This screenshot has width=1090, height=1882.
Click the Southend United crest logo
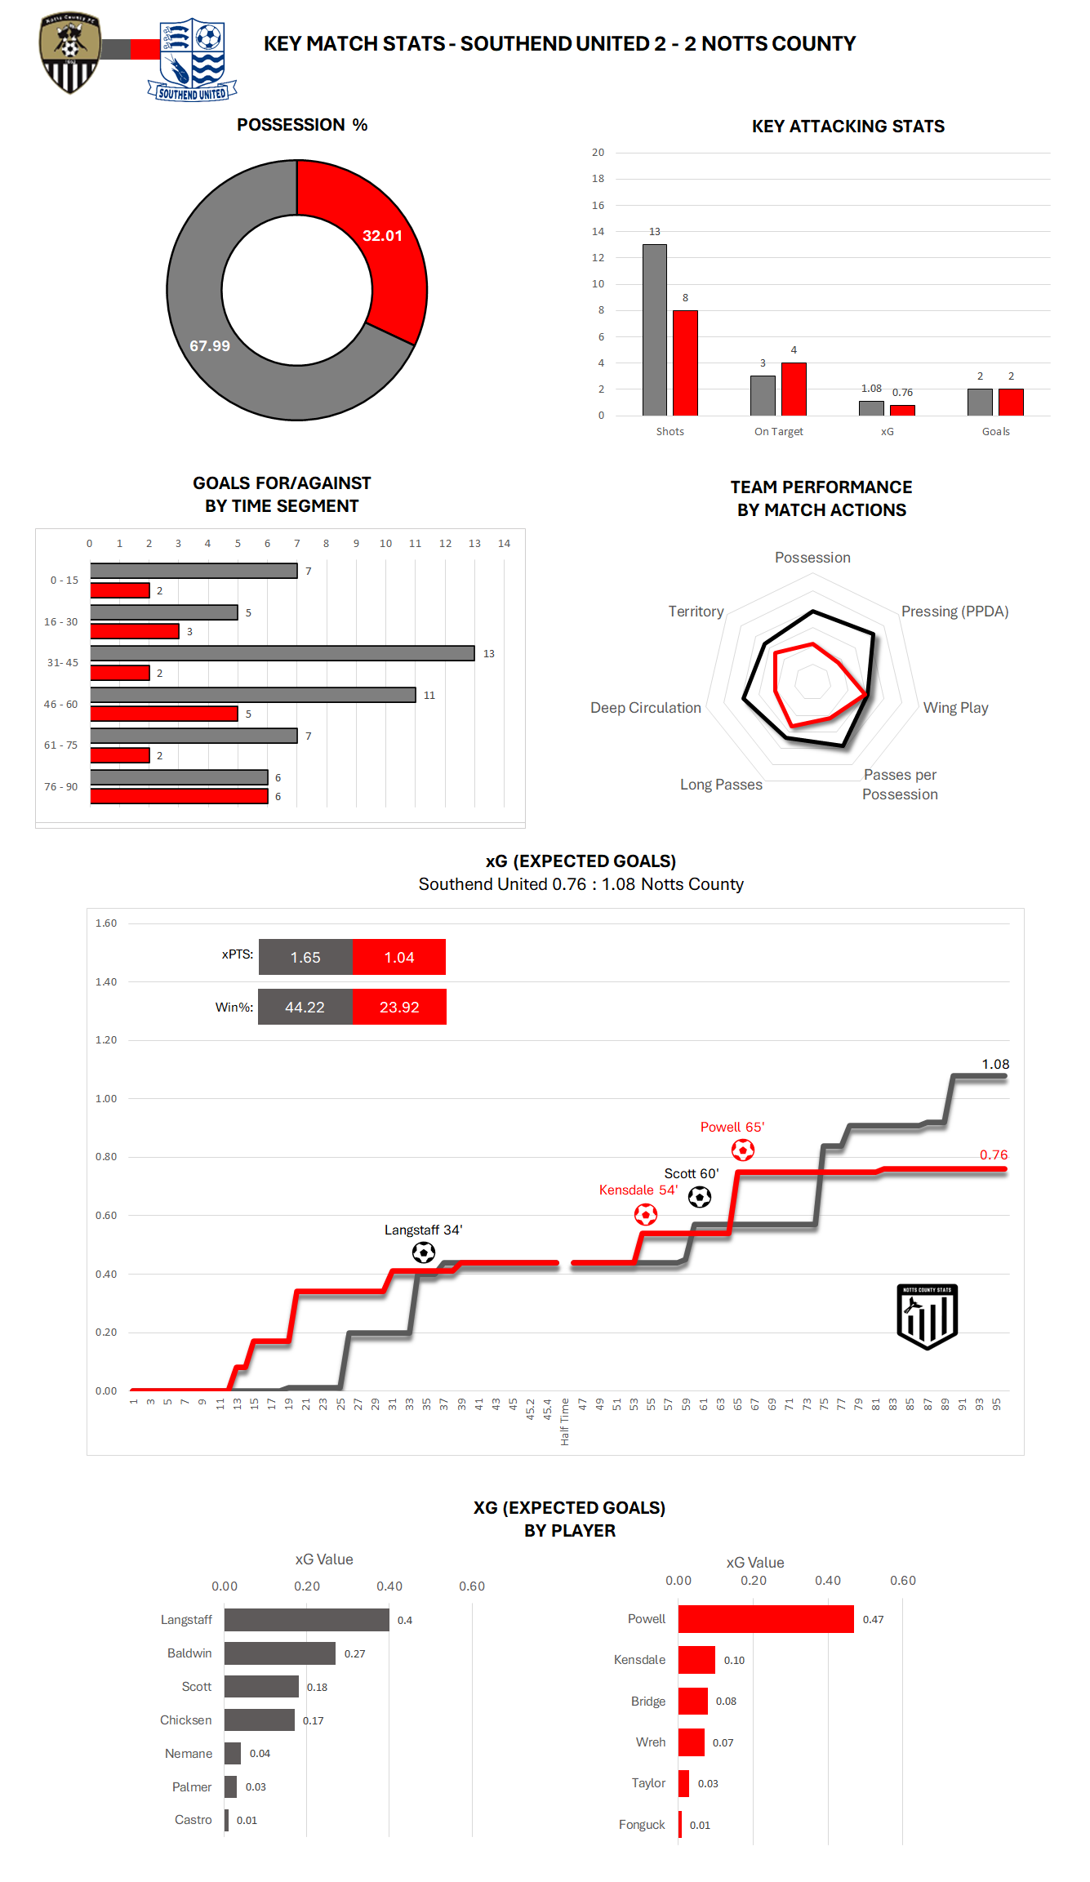pos(194,59)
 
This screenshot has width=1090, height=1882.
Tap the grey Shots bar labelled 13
pos(654,330)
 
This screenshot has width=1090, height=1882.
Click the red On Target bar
pos(794,389)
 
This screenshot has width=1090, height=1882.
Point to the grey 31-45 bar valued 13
pos(282,653)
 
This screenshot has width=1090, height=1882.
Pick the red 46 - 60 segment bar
pos(164,714)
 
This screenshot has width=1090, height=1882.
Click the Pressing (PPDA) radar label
pos(954,612)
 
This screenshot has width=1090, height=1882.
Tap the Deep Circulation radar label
pos(645,708)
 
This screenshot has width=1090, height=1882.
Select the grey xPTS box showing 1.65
pos(305,957)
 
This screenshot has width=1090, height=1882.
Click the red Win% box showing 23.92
pos(399,1007)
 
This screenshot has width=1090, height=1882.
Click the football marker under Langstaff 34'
pos(423,1252)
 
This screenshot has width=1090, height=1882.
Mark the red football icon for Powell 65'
pos(742,1150)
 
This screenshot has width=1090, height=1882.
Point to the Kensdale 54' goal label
pos(638,1190)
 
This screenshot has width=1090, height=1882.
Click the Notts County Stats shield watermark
pos(927,1316)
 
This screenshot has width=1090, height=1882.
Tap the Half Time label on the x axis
pos(565,1422)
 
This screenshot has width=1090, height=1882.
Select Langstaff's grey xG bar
pos(306,1620)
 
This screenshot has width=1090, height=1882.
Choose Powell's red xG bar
pos(765,1619)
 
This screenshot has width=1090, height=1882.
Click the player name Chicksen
pos(185,1720)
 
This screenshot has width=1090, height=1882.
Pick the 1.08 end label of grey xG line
pos(995,1065)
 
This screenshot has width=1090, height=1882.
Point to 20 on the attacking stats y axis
pos(598,153)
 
